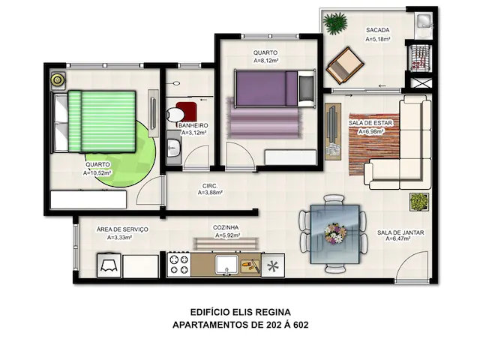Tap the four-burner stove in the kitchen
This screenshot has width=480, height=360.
pos(179,265)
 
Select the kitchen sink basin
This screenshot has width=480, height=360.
pos(226,265)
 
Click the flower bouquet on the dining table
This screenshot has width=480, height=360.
pos(335,234)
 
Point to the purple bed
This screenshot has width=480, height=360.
pos(274,88)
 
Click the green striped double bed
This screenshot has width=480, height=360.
pos(94,121)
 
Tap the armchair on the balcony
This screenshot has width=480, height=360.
pos(345,65)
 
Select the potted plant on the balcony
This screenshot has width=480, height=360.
pos(335,22)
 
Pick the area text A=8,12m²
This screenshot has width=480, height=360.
pos(265,61)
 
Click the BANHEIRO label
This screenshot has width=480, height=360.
pos(193,125)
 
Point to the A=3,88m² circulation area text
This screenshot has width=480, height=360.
pos(210,193)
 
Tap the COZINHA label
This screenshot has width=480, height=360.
pos(226,228)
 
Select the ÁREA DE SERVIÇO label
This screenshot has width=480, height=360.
pos(122,229)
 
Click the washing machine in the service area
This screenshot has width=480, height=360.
pos(109,265)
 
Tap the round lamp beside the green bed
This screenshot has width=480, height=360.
pos(58,80)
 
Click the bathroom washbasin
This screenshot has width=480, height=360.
pos(174,148)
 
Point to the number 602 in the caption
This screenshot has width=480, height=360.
pos(301,325)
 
